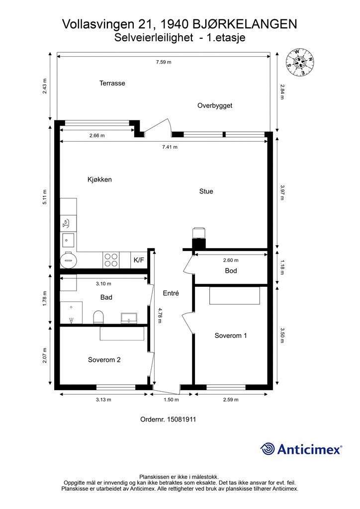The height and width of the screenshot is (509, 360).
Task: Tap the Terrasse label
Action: tap(112, 83)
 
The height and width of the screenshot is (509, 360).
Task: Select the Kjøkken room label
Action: tap(99, 179)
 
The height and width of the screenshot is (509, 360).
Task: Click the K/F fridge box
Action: tap(139, 260)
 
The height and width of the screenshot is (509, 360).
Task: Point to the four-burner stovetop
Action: tap(110, 260)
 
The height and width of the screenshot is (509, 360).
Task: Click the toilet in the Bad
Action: tap(98, 317)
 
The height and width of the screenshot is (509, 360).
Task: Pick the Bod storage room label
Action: tap(231, 271)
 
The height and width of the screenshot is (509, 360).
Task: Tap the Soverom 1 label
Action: tap(231, 336)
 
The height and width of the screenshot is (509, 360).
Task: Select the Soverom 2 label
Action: tap(104, 360)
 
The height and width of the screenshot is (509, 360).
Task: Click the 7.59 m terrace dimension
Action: tap(164, 62)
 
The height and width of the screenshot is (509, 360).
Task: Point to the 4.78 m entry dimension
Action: tap(160, 316)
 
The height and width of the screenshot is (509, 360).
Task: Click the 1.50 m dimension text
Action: tap(171, 400)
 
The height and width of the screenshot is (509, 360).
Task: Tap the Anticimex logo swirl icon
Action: tap(267, 449)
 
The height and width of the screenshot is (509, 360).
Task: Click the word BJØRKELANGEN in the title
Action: tap(245, 24)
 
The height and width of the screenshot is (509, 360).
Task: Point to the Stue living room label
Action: tap(206, 191)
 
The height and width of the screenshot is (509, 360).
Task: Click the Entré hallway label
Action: tap(171, 293)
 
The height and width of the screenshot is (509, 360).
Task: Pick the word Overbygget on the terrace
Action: tap(215, 106)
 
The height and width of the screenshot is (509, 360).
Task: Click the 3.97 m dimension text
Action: tap(282, 192)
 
